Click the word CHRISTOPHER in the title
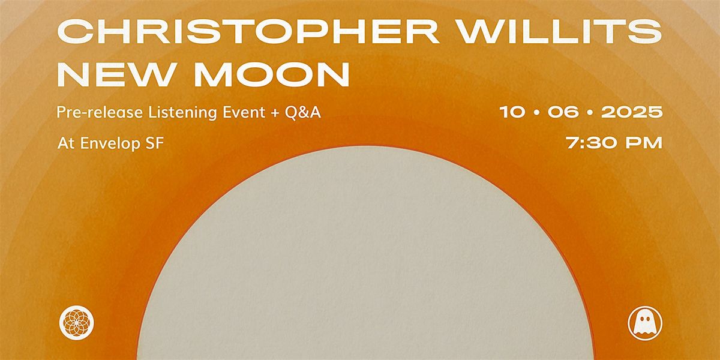click(248, 31)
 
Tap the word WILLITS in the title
click(560, 31)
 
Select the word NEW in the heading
click(115, 74)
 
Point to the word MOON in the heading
click(271, 74)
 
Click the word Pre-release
click(100, 112)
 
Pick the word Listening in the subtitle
click(182, 113)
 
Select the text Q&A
click(303, 113)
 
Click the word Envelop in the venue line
click(110, 143)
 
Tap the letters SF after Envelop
click(155, 143)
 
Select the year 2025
click(632, 112)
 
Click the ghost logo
click(645, 323)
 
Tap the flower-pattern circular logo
click(77, 323)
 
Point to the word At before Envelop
click(66, 143)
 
